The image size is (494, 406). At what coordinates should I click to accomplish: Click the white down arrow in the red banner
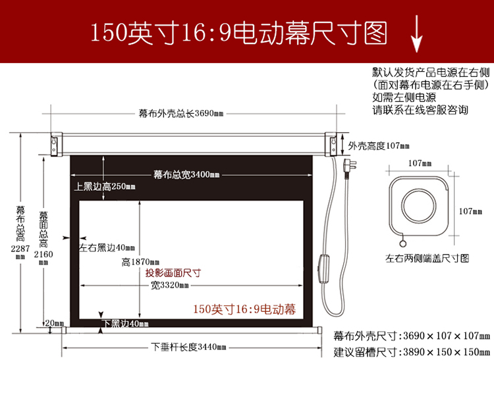tap(416, 34)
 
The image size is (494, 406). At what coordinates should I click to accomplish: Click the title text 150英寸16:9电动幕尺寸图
tap(239, 33)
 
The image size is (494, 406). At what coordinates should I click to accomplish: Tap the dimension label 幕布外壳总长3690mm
tap(181, 113)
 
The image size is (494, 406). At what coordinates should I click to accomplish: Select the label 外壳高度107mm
tap(379, 145)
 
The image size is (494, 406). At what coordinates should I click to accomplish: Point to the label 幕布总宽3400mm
tap(186, 174)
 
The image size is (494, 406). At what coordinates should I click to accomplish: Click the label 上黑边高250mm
tap(105, 186)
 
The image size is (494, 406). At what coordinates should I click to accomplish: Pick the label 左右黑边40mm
tap(107, 247)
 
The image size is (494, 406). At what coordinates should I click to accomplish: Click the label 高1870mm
tap(140, 262)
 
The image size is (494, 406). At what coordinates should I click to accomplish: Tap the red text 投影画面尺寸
tap(173, 272)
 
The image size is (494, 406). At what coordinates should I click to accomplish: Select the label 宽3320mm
tap(170, 285)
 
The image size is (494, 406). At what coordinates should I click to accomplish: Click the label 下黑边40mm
tap(125, 323)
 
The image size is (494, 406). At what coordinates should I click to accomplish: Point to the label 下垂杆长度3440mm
tap(188, 347)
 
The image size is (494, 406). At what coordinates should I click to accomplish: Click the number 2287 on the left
tap(20, 249)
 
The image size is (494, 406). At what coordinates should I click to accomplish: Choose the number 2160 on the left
tap(43, 254)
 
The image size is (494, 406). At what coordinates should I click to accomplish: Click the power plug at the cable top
tap(349, 167)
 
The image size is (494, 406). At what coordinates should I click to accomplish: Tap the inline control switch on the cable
tap(324, 268)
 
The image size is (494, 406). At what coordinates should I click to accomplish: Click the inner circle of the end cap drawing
tap(419, 206)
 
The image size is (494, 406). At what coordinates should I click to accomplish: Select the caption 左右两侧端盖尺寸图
tap(427, 259)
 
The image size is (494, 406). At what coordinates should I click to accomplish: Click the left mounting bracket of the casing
tap(57, 144)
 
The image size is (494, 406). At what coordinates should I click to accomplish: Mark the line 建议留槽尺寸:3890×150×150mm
tap(412, 352)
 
